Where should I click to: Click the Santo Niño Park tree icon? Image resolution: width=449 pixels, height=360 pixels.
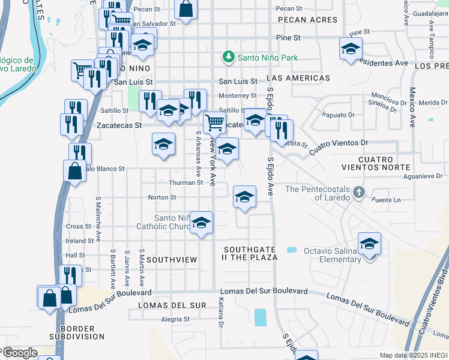click(x=228, y=58)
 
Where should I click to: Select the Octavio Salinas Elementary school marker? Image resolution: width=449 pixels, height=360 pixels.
click(x=370, y=244)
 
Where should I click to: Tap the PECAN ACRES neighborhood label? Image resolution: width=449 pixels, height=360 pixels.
click(x=308, y=20)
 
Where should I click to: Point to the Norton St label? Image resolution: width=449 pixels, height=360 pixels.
click(x=162, y=197)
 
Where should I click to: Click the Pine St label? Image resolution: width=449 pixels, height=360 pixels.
click(x=288, y=37)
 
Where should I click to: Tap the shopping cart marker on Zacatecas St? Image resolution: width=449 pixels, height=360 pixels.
click(x=214, y=123)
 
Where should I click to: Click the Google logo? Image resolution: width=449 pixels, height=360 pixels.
click(x=19, y=353)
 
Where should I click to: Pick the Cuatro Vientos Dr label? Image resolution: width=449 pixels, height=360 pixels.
click(x=339, y=147)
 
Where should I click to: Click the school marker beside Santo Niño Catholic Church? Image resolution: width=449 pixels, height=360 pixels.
click(x=202, y=223)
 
